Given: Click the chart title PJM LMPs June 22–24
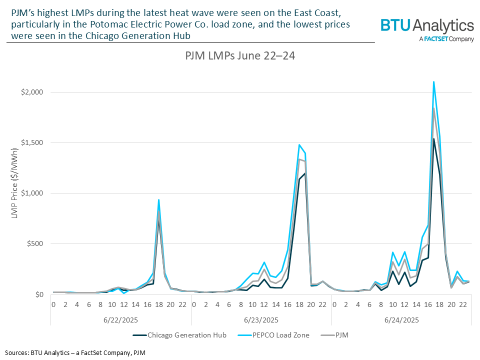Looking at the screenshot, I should [x=239, y=56].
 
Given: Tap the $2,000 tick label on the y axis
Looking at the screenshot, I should [x=32, y=92].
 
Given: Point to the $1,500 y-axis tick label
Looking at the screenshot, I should [x=32, y=142].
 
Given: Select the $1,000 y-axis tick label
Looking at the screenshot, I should [x=32, y=193].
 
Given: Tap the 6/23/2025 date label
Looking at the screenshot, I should [x=261, y=318].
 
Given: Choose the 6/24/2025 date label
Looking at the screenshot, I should [x=401, y=318].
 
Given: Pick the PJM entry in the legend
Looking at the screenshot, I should [x=340, y=335].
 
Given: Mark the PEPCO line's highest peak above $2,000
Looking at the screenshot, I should [x=433, y=82].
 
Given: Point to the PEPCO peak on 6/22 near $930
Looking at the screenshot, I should [x=159, y=200].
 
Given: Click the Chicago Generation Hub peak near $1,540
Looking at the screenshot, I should [x=433, y=139].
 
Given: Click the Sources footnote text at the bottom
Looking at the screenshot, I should [x=75, y=352].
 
